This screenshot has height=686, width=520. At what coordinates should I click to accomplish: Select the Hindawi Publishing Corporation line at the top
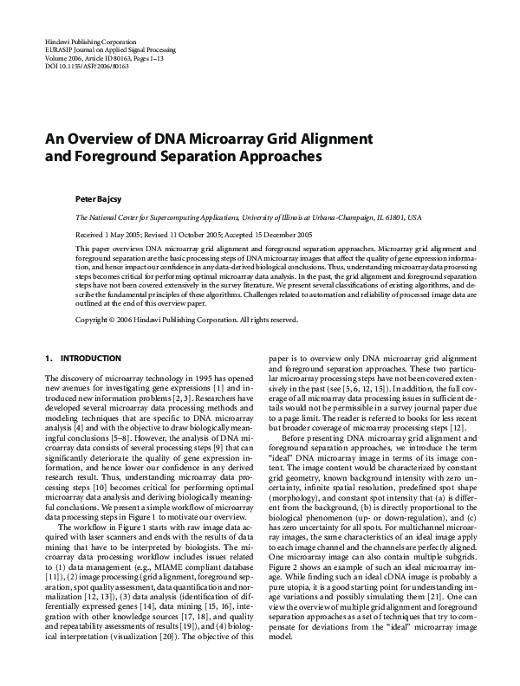pos(90,42)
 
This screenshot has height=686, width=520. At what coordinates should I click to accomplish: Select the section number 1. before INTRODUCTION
pos(47,358)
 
